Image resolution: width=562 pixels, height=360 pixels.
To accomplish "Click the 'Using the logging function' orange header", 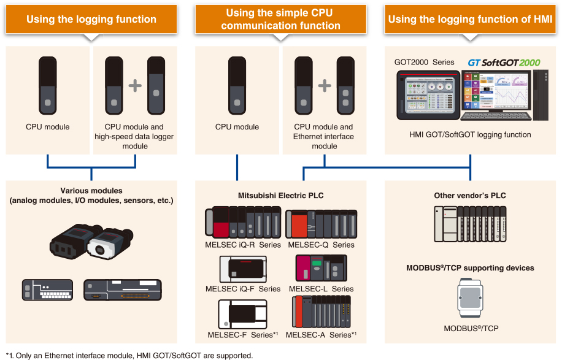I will point(91,19).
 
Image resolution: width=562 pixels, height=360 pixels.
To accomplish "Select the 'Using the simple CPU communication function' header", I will point(280,19).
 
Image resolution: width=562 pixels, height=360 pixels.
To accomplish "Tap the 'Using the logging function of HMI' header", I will point(470,19).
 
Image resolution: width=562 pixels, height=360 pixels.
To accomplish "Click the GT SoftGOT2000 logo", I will point(504,63).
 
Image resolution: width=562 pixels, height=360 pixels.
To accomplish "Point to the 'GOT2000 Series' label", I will point(424,62).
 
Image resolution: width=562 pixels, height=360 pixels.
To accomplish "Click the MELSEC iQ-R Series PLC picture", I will point(242,221).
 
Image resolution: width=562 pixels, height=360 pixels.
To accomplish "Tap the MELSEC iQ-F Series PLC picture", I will point(243,269).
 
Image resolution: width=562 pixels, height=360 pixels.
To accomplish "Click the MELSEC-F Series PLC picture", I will point(242,314).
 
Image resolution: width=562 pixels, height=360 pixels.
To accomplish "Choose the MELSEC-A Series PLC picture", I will point(321,313).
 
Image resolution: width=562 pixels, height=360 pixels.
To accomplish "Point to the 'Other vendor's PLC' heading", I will point(470,196).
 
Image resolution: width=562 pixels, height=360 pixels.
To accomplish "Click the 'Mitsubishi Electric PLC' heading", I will point(280,196).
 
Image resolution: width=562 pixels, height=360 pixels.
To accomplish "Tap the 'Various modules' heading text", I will point(91,191).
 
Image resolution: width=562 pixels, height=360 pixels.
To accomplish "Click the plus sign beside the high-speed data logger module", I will point(135,85).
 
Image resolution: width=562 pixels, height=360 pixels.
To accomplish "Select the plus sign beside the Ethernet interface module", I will point(325,85).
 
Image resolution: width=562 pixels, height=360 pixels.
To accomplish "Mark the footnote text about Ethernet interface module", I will point(129,355).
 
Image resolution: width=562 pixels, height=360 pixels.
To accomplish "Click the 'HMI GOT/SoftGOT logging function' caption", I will point(470,134).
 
